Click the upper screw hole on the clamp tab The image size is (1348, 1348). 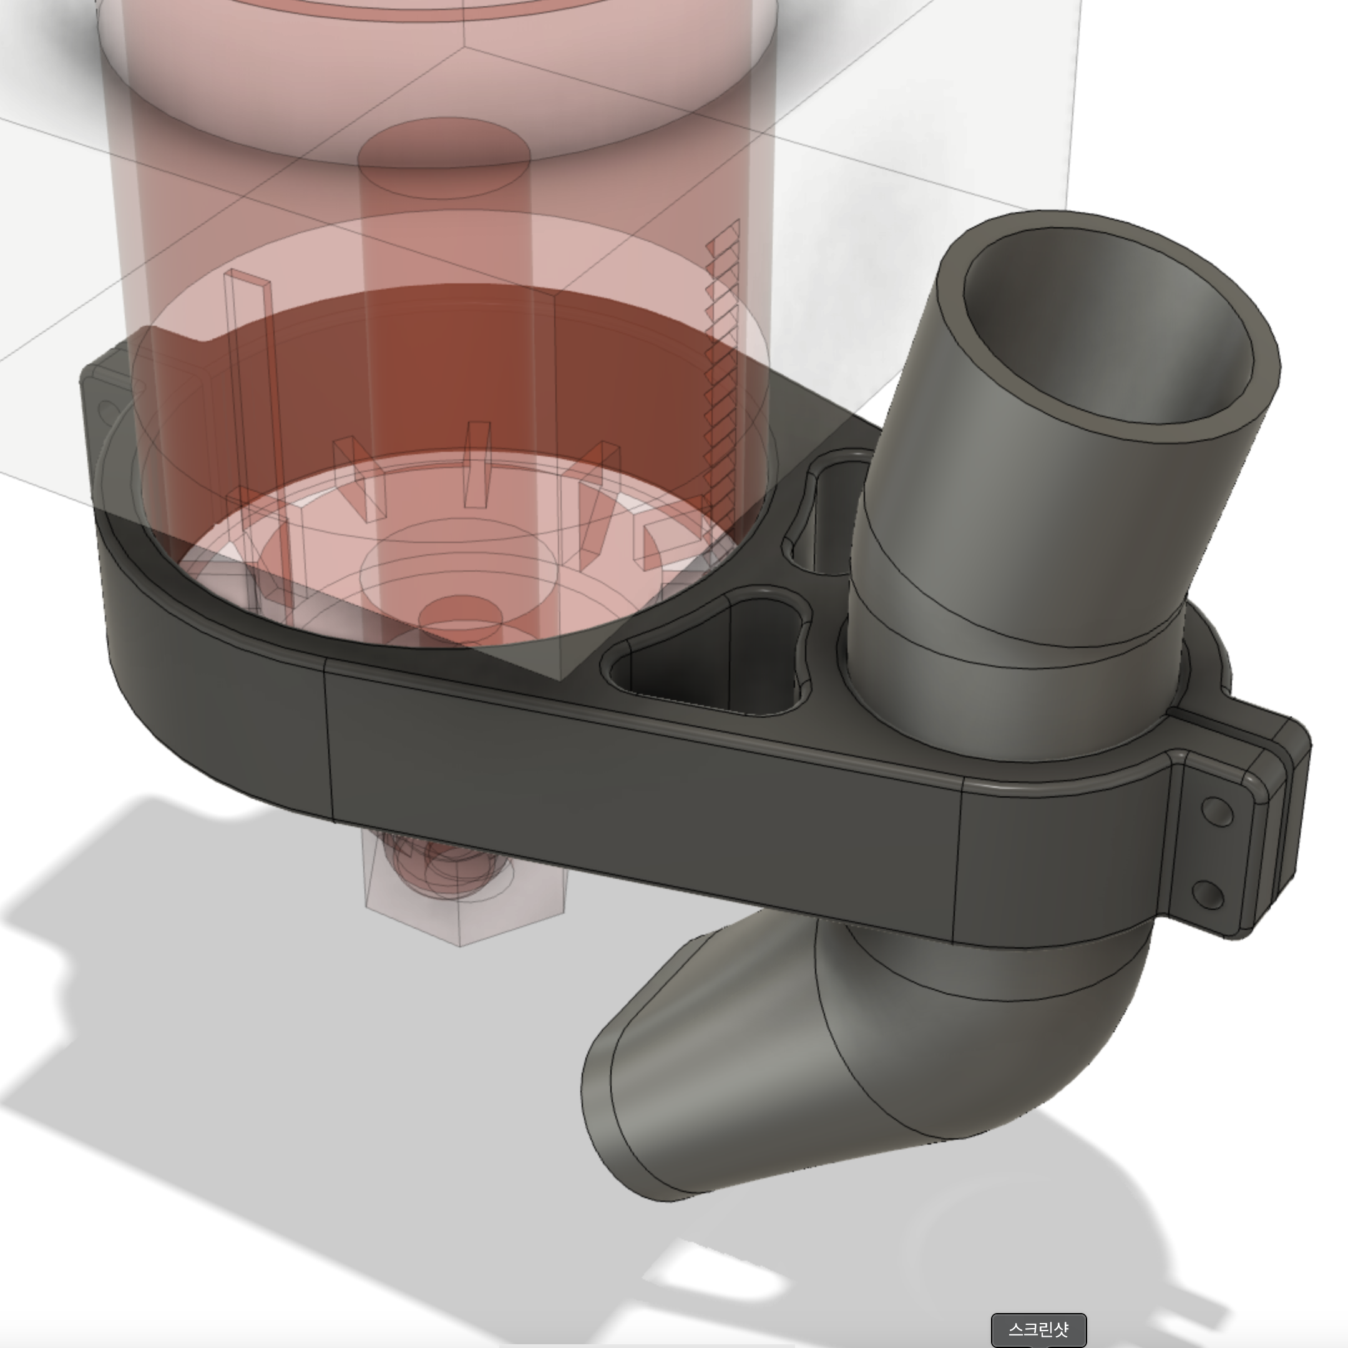click(x=1218, y=812)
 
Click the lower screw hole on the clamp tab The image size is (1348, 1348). click(x=1209, y=894)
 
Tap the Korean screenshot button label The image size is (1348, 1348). click(x=1038, y=1329)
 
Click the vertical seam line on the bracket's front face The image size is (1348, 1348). click(x=328, y=746)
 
